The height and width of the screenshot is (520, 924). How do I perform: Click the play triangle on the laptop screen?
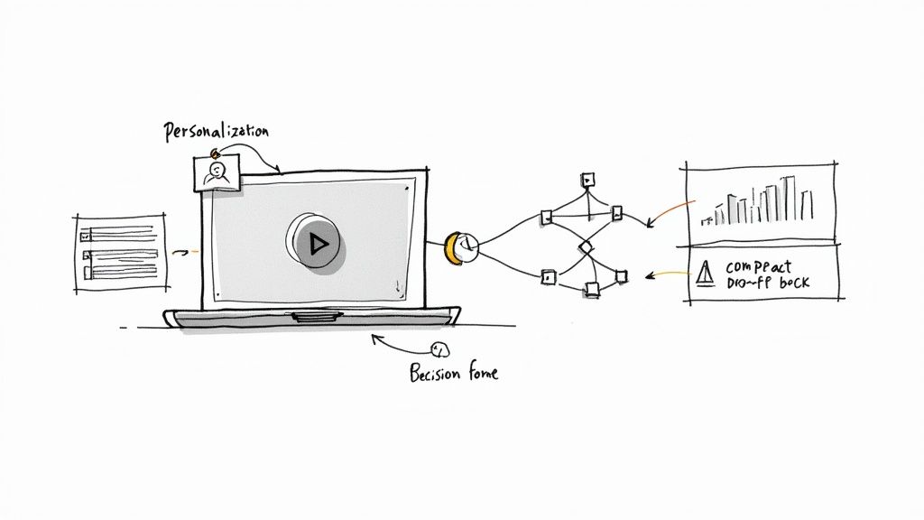316,242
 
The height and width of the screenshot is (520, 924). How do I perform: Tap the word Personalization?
216,133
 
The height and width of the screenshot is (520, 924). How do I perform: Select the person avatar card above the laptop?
217,172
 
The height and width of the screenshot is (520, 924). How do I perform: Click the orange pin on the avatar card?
213,153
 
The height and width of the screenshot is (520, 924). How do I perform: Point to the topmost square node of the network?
587,178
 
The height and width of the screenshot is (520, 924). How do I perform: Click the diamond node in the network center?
585,246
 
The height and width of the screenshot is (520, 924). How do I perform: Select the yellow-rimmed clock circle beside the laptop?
461,246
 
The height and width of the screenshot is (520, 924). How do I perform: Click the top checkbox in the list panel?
86,235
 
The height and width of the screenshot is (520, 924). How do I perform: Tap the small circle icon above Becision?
440,349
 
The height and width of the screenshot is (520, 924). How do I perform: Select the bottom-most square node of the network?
592,289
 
